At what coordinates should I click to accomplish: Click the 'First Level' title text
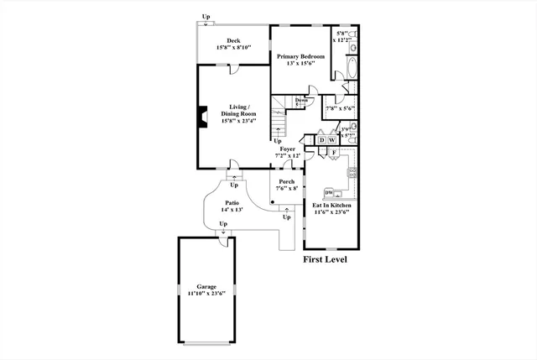[x=325, y=260]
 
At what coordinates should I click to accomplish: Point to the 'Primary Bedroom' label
[x=300, y=56]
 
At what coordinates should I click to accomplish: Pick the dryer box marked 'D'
[x=321, y=139]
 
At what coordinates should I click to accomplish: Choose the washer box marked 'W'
[x=332, y=139]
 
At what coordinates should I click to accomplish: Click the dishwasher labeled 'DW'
[x=330, y=193]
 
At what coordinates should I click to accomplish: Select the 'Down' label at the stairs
[x=300, y=101]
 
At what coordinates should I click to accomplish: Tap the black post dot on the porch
[x=273, y=202]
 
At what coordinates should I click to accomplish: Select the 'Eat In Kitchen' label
[x=331, y=206]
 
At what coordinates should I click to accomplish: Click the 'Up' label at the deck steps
[x=206, y=16]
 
